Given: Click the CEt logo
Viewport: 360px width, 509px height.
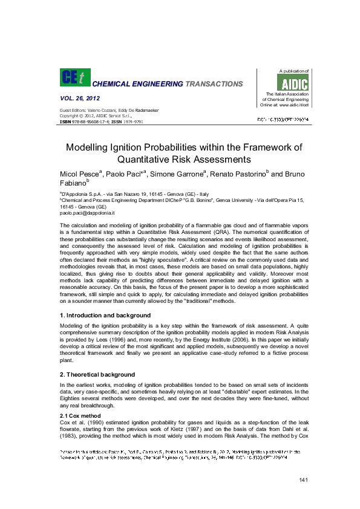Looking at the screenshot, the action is pos(74,77).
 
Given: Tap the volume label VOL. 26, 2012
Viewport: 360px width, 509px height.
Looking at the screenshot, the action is pos(80,98).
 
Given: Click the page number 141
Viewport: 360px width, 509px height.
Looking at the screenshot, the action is pos(304,479).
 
